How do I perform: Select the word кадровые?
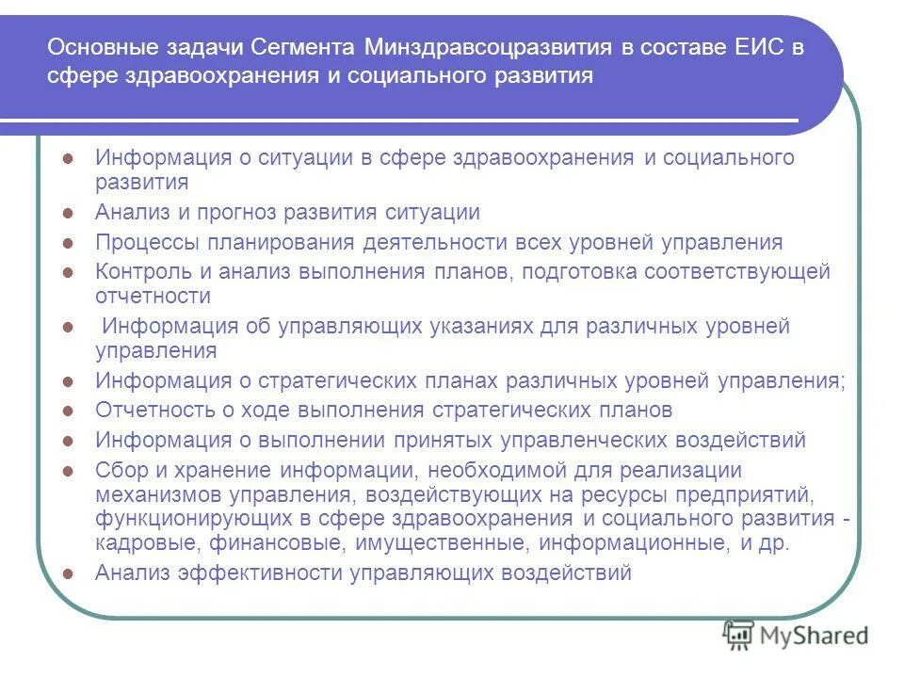pos(141,543)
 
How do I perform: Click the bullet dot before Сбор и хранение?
pos(67,470)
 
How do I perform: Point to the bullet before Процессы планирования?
pos(67,243)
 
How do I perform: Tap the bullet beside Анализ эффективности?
pos(67,573)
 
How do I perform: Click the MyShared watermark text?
pos(816,637)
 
